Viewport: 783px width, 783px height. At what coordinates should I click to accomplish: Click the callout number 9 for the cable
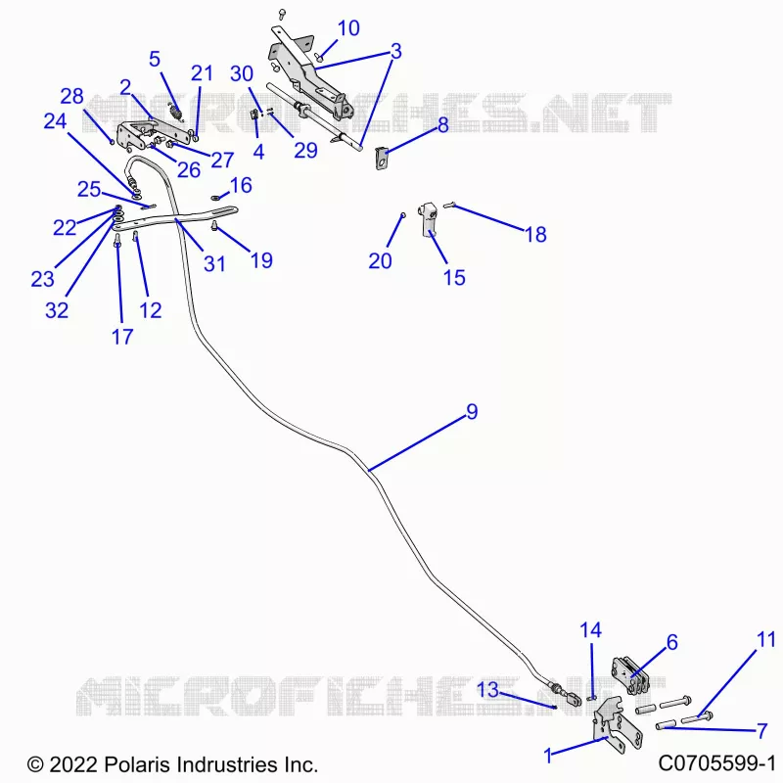click(x=472, y=411)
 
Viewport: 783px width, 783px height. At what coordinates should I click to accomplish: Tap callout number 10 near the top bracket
click(x=348, y=28)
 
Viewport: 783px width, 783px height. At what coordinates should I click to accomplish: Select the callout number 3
click(x=395, y=51)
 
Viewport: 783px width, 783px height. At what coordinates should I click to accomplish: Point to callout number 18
click(x=535, y=234)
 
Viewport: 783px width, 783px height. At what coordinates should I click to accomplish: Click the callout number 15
click(x=454, y=278)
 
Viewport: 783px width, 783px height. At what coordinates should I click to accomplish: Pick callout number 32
click(x=57, y=310)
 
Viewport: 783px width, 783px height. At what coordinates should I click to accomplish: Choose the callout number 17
click(x=122, y=337)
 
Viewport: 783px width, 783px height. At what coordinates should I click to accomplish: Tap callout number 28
click(x=71, y=96)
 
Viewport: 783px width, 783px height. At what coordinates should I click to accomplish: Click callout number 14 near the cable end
click(x=591, y=630)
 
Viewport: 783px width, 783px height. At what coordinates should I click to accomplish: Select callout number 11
click(x=766, y=640)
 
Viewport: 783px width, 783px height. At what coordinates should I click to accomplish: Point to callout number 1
click(x=548, y=756)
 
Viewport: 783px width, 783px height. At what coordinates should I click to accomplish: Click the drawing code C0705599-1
click(x=716, y=763)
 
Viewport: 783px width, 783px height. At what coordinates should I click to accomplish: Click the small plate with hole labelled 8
click(x=382, y=158)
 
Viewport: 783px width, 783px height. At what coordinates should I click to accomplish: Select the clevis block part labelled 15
click(x=429, y=218)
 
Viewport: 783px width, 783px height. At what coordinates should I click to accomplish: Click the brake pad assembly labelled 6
click(x=630, y=676)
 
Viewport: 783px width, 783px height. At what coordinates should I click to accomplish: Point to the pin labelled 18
click(x=450, y=204)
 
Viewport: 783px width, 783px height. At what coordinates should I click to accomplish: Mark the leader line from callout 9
click(x=414, y=444)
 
